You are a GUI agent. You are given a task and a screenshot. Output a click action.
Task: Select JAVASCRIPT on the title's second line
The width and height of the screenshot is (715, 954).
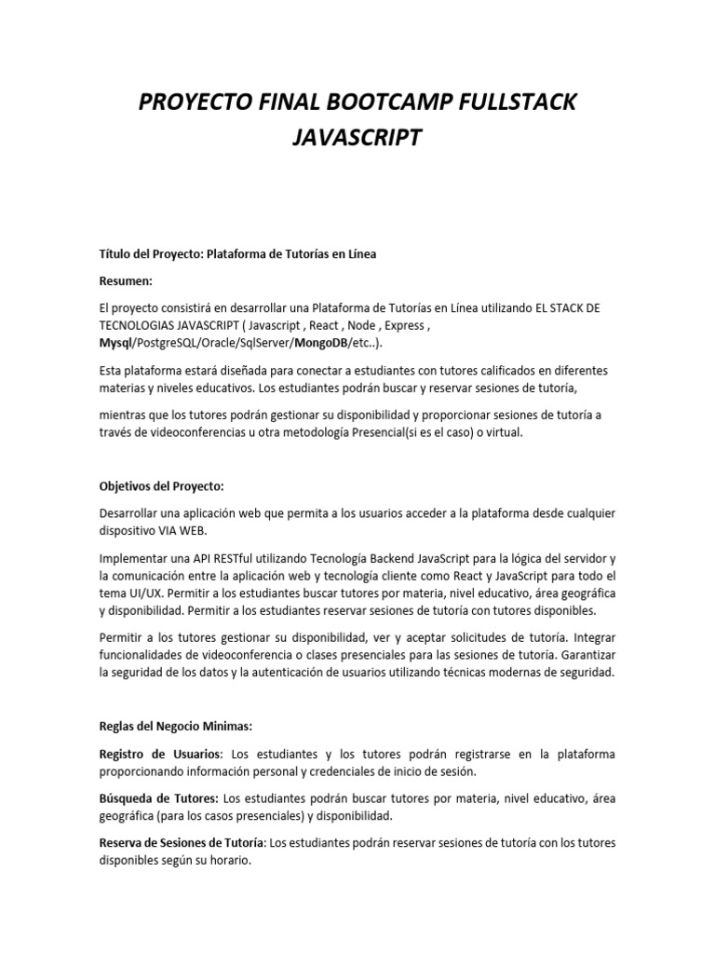tap(357, 138)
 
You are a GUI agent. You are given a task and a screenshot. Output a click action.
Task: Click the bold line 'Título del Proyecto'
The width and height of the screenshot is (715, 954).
tap(237, 255)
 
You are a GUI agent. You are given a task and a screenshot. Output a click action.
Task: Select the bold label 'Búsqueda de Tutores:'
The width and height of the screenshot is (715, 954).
tap(159, 798)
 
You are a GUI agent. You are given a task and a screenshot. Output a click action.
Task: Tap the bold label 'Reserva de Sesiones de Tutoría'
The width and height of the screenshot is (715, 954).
tap(182, 843)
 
